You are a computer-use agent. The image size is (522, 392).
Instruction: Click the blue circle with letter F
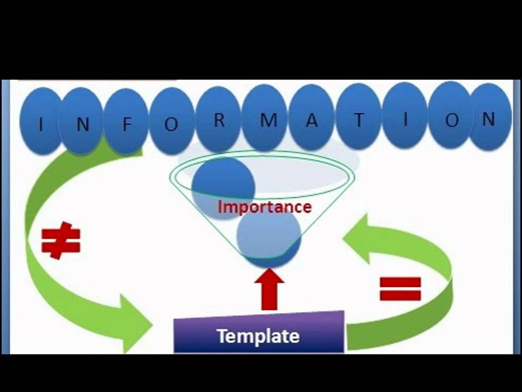127,122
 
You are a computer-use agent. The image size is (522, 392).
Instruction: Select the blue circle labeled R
219,120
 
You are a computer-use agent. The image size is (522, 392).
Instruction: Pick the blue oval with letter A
312,119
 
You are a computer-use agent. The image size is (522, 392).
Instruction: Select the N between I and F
82,123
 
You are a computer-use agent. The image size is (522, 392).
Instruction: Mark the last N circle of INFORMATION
489,118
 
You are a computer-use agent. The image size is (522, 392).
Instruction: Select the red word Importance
265,207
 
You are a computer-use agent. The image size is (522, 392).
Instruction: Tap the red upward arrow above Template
269,289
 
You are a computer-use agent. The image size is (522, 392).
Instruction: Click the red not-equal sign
61,240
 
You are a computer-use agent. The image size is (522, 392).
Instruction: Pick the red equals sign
400,289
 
